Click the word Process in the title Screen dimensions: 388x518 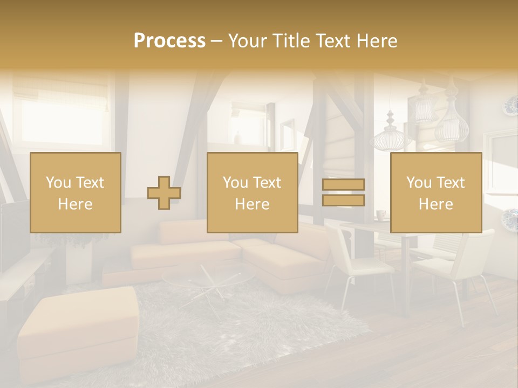coord(169,41)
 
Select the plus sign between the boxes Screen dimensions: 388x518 coord(164,193)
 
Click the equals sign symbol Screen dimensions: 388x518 coord(343,192)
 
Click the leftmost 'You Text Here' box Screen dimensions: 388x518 coord(76,192)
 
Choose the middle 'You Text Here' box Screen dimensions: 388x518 coord(253,192)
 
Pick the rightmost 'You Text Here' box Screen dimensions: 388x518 coord(436,192)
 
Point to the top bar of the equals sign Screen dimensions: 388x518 coord(343,184)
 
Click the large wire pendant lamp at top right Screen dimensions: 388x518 coord(452,124)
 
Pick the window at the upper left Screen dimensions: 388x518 coord(59,116)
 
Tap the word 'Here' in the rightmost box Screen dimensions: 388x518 coord(436,204)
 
